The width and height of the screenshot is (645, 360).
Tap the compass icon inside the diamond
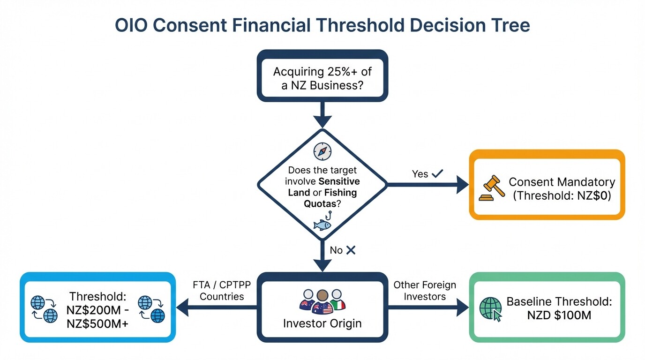322,151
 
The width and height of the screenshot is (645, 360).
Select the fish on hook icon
322,221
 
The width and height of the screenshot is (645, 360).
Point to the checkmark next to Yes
437,173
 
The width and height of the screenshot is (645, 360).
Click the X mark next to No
351,250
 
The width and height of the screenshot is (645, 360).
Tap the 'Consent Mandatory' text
562,182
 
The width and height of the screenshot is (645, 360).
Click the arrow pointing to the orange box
427,185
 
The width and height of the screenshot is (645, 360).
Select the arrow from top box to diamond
322,115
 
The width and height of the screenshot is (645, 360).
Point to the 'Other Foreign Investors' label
425,290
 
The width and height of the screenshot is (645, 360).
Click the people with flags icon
322,300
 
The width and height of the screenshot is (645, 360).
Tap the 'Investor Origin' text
322,323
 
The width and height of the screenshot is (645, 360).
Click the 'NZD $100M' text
559,315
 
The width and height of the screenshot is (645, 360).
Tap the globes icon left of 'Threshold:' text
44,309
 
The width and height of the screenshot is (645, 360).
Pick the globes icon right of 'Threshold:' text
153,309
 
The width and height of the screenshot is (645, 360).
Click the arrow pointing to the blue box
216,308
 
